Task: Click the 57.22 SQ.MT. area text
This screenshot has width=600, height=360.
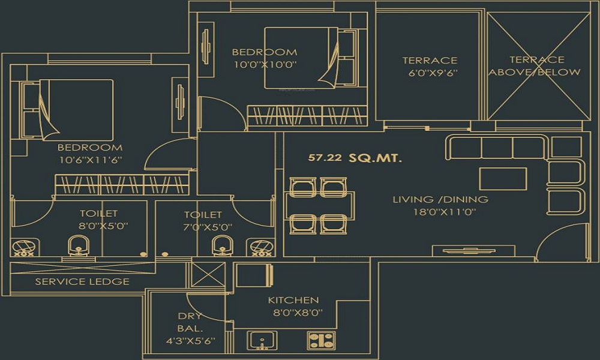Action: tap(355, 158)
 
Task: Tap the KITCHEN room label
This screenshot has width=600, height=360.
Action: tap(293, 300)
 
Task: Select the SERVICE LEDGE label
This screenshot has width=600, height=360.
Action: tap(82, 281)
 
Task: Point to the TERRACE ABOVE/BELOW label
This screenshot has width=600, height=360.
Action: tap(536, 66)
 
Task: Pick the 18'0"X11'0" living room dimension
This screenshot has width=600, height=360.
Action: tap(440, 212)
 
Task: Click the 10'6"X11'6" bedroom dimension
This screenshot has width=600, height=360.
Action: tap(90, 161)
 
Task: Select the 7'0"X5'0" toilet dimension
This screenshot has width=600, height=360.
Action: tap(203, 227)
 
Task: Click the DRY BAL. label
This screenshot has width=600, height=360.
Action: tap(190, 322)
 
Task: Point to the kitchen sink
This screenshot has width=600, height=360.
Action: tap(262, 340)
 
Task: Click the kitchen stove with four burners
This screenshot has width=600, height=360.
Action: tap(322, 340)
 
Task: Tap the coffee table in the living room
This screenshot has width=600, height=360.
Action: tap(503, 178)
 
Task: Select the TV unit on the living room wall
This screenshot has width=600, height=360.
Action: tap(464, 251)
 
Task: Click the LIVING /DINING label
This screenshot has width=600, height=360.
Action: tap(440, 199)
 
